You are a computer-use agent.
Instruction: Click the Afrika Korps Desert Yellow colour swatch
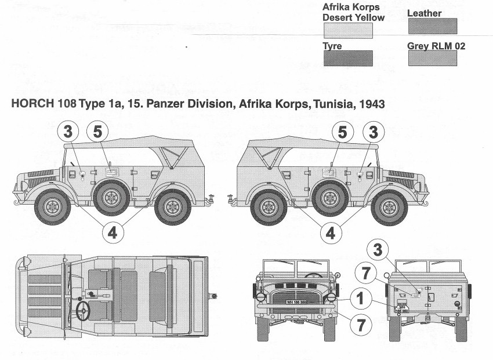coord(347,30)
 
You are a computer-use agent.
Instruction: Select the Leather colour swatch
coord(433,26)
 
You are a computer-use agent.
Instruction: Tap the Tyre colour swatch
coord(347,58)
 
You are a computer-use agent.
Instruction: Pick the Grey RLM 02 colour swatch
coord(433,58)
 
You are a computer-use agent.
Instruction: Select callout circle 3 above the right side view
coord(374,133)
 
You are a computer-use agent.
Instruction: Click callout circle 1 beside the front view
coord(360,299)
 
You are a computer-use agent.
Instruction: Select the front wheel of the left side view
coord(53,206)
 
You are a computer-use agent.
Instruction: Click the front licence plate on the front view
coord(298,301)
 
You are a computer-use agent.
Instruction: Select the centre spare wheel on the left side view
coord(111,197)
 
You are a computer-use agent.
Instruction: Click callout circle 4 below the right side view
coord(331,232)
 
